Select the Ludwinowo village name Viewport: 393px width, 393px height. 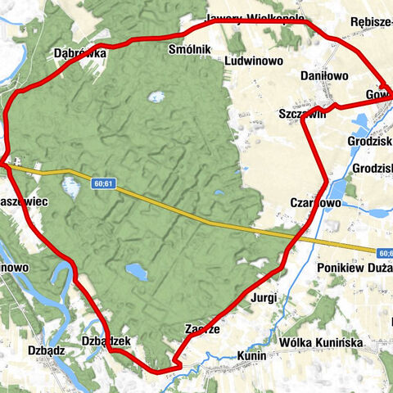253,61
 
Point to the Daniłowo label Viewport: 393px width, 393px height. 325,75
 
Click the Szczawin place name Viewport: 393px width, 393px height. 303,115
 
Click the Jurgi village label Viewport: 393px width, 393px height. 265,297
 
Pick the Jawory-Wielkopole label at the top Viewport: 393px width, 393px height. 255,18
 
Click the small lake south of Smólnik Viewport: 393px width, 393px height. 156,97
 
